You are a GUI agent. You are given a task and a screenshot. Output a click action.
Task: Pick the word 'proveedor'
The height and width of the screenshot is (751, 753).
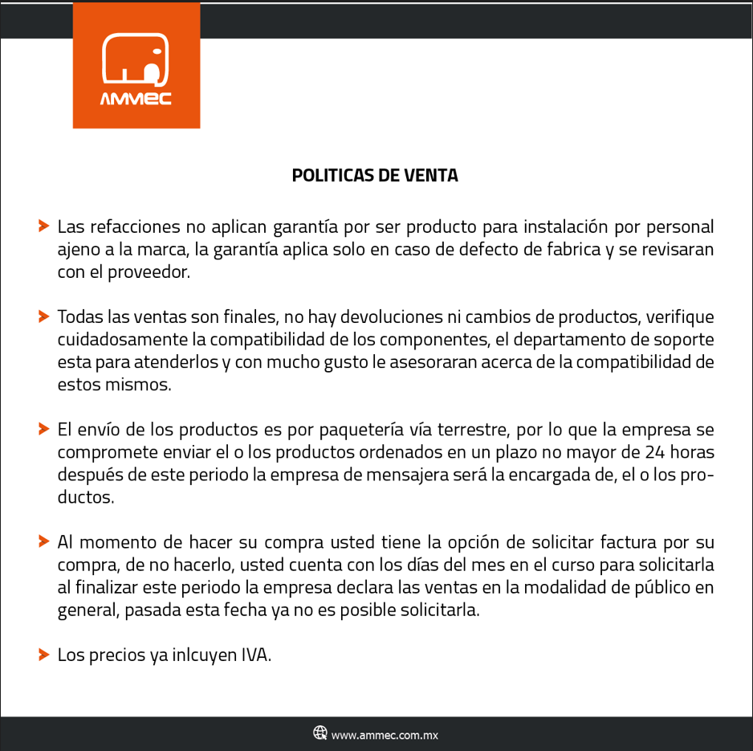click(x=151, y=272)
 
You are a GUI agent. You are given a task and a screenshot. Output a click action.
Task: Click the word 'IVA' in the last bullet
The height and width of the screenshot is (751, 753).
click(x=256, y=655)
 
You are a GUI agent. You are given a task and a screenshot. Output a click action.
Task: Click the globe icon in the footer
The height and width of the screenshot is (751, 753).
click(x=320, y=733)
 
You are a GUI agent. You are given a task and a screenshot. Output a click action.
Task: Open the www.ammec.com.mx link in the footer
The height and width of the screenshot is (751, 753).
click(x=385, y=734)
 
